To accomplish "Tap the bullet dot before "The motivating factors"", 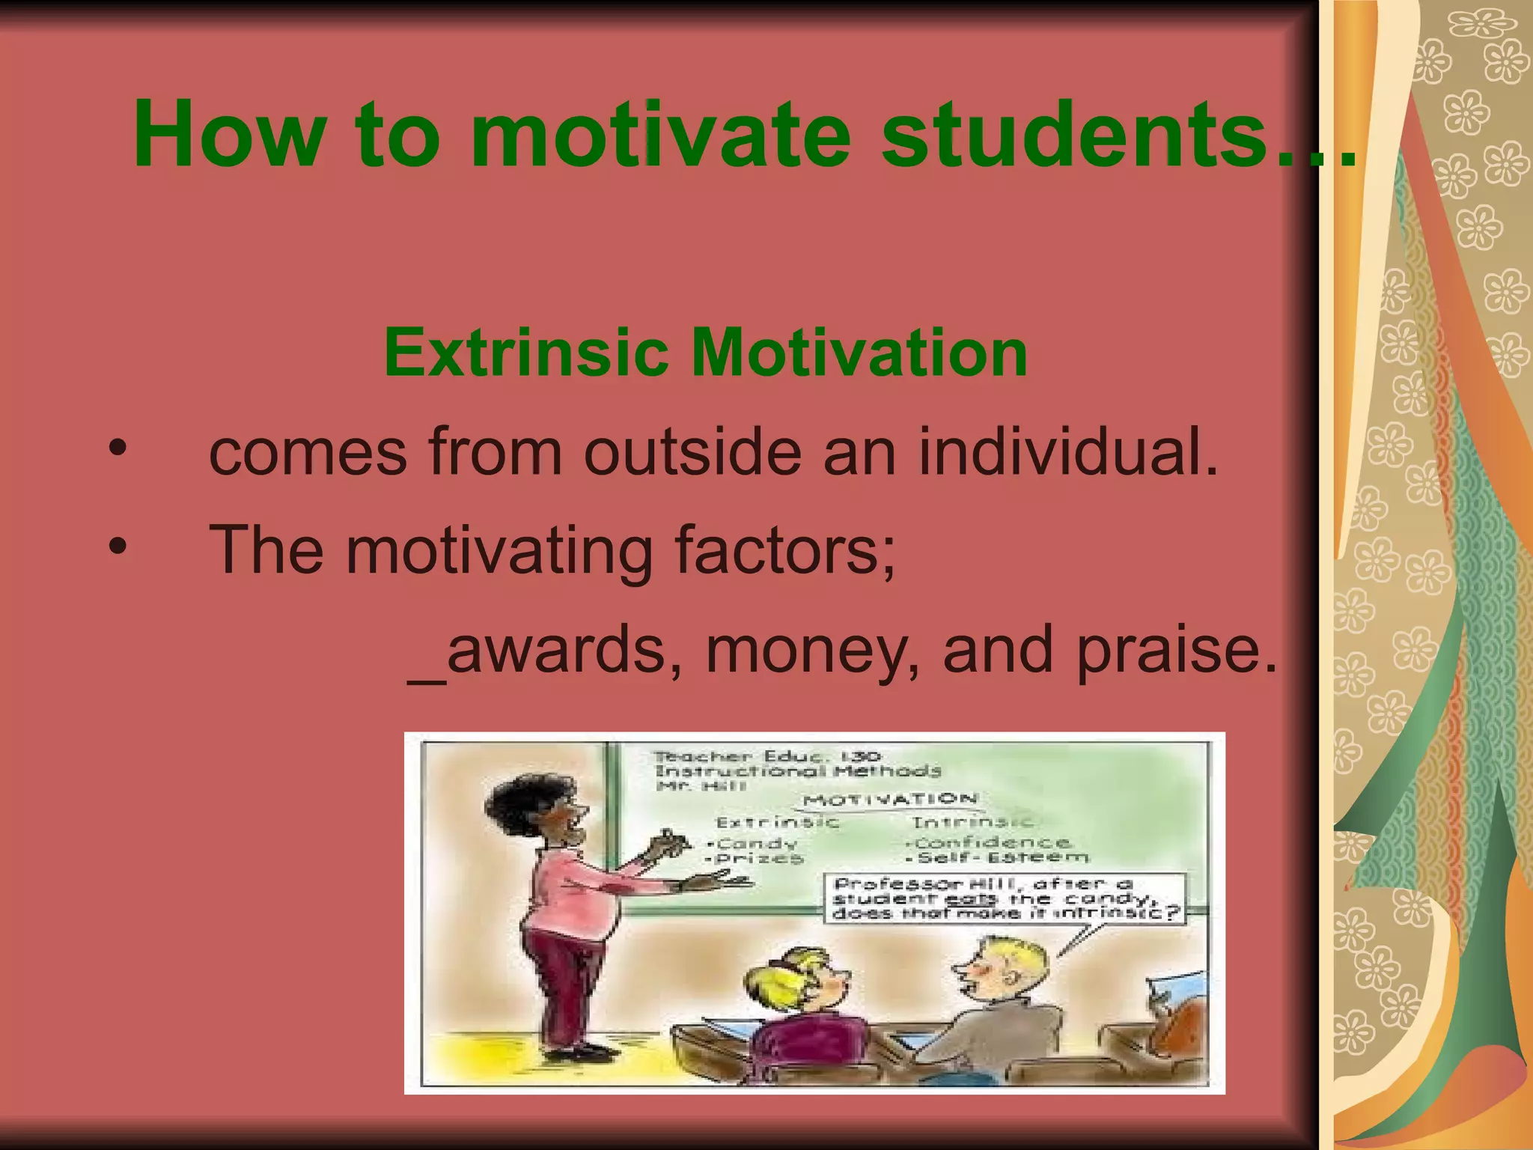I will click(x=118, y=547).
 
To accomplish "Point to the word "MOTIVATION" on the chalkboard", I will click(x=891, y=800).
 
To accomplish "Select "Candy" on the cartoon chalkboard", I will click(x=756, y=844).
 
